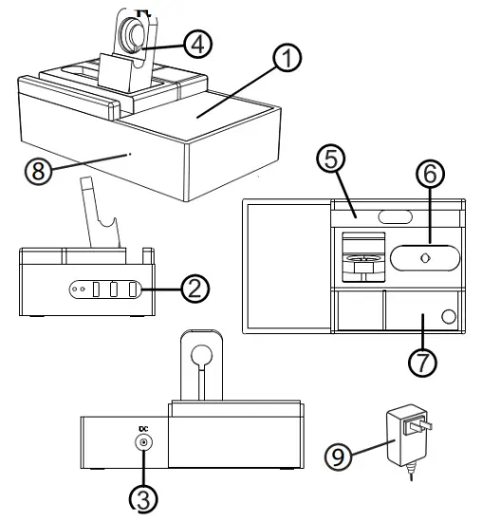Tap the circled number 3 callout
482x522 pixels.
coord(144,497)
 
